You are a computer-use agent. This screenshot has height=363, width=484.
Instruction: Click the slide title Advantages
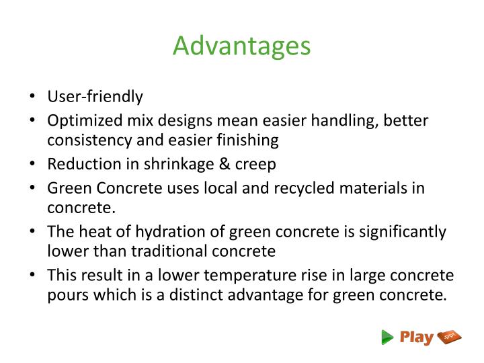click(x=241, y=46)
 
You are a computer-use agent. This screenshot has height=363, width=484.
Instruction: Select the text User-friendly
click(x=95, y=97)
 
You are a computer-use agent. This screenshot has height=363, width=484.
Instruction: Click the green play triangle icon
click(x=387, y=337)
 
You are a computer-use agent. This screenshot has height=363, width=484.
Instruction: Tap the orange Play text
click(x=416, y=337)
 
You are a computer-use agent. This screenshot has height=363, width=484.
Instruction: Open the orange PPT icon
click(x=449, y=337)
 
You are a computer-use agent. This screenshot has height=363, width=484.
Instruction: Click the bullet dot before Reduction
click(x=33, y=165)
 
